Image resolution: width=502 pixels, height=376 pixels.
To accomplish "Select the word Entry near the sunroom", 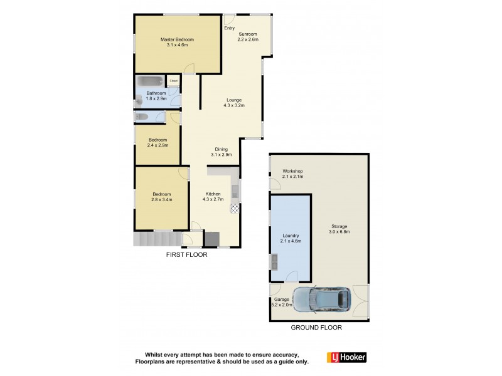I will tap(229, 28).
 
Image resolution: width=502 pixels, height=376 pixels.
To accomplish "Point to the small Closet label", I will tap(173, 80).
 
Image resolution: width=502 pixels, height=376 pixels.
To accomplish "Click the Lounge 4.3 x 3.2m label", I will tap(233, 103).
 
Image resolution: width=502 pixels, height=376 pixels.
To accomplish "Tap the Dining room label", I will tap(221, 152).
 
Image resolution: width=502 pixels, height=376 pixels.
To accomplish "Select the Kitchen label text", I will tap(213, 196).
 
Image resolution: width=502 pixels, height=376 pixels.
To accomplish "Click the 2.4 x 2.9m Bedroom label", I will tap(158, 142).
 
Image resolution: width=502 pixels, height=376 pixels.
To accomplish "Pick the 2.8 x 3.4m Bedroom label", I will tap(161, 197).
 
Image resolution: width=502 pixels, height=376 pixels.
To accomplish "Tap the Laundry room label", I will tap(290, 238).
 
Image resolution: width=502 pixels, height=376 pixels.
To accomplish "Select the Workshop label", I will tap(292, 174).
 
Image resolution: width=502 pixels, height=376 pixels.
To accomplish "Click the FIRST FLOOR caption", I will tap(186, 255).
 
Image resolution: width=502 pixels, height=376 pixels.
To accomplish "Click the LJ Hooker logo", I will tap(346, 357).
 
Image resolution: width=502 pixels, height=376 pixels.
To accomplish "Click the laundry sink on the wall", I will tap(275, 260).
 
